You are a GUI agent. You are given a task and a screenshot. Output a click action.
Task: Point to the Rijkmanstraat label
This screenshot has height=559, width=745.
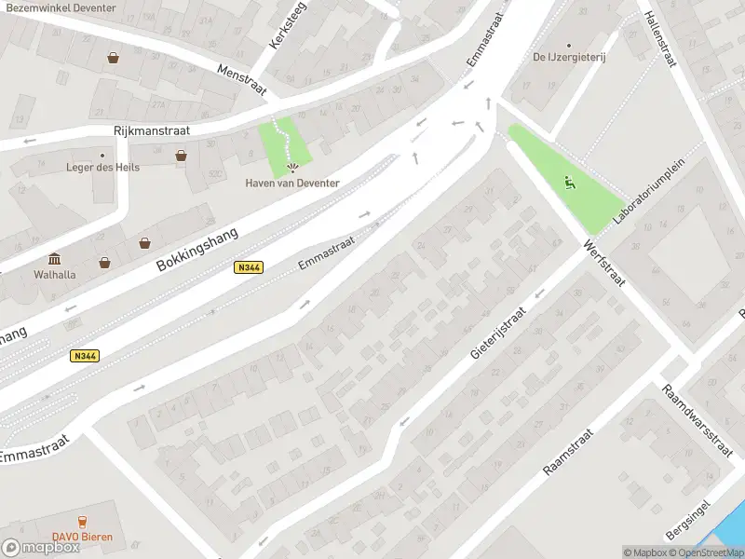pyautogui.click(x=151, y=131)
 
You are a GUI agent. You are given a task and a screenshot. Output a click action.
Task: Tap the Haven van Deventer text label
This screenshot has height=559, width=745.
pyautogui.click(x=292, y=183)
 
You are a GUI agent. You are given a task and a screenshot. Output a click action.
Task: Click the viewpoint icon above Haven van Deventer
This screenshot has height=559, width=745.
pyautogui.click(x=293, y=169)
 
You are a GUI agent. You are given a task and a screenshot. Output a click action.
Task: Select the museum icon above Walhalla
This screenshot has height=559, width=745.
pyautogui.click(x=54, y=258)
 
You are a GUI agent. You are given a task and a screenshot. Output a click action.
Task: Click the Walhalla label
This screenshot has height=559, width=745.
pyautogui.click(x=54, y=275)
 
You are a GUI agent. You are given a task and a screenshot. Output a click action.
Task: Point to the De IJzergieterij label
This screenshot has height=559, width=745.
pyautogui.click(x=569, y=57)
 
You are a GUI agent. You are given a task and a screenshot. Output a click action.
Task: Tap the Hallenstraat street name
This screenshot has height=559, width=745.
pyautogui.click(x=660, y=39)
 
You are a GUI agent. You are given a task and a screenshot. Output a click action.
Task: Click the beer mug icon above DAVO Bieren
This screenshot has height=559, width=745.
pyautogui.click(x=82, y=522)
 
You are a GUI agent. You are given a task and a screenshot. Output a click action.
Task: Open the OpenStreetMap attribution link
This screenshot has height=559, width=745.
pyautogui.click(x=710, y=552)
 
